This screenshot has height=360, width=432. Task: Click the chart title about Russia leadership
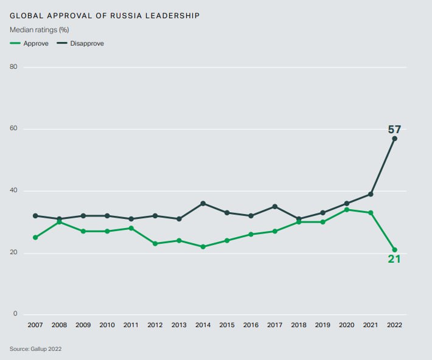click(x=105, y=15)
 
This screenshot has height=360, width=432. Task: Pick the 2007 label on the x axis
click(x=35, y=325)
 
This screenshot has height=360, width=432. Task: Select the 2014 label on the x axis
click(x=203, y=325)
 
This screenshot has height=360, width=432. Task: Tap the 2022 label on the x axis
click(x=394, y=325)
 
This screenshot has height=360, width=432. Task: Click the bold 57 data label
click(x=394, y=129)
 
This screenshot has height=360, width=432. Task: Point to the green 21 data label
click(x=394, y=260)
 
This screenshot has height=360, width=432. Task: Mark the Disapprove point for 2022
click(x=394, y=139)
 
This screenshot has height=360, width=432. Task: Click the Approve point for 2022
click(x=394, y=250)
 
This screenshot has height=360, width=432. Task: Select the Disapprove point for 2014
click(x=203, y=203)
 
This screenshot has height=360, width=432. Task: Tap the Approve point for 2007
click(x=35, y=237)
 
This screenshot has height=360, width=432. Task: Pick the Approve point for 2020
click(x=347, y=210)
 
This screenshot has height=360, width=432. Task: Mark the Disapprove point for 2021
click(x=371, y=194)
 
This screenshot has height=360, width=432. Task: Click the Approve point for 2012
click(x=155, y=244)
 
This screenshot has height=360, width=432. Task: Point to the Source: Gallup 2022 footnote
click(x=35, y=349)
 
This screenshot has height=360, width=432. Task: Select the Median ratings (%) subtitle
click(x=38, y=30)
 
